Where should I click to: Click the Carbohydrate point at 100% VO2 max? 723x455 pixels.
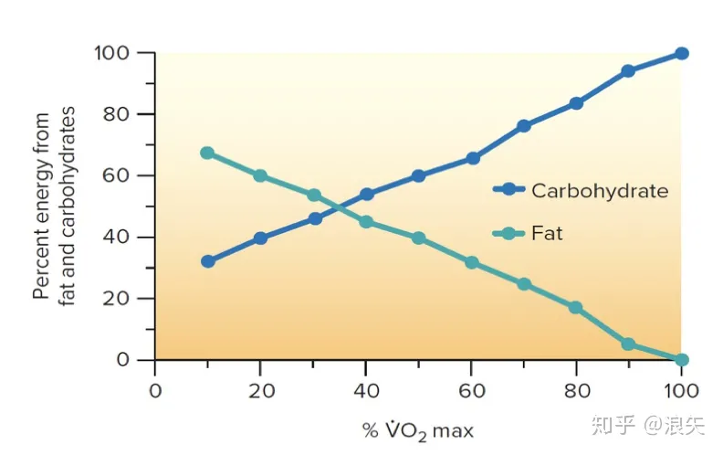coord(681,53)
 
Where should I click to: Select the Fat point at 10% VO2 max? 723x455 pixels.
coord(207,153)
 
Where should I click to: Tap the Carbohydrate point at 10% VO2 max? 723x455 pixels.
coord(207,261)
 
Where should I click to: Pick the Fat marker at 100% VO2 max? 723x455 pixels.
coord(681,359)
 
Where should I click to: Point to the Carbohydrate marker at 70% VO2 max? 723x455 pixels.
coord(523,126)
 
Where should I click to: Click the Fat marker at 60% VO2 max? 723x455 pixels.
coord(471,262)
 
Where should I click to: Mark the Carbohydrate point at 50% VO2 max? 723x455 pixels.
coord(418,175)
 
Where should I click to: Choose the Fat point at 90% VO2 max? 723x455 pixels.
coord(628,344)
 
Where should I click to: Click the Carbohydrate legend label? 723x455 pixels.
coord(600,191)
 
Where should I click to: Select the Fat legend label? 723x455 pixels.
coord(547,234)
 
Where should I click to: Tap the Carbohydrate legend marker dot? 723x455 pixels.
coord(508,190)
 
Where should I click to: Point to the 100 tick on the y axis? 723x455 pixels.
coord(114,53)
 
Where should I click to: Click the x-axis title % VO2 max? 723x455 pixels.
coord(418,429)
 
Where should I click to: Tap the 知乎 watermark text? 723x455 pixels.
coord(612,426)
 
